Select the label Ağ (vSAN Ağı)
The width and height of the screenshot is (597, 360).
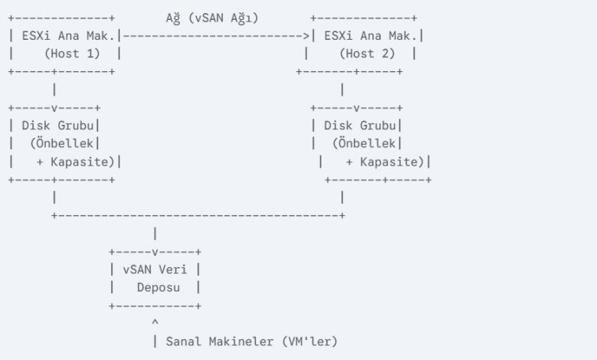coord(211,17)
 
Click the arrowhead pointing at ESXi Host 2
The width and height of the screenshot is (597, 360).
coord(306,35)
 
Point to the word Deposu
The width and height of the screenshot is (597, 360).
coord(161,288)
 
